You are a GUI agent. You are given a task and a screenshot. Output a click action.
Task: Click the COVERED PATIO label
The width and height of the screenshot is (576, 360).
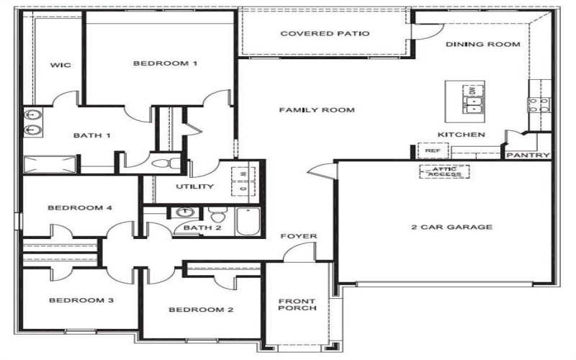(x=325, y=33)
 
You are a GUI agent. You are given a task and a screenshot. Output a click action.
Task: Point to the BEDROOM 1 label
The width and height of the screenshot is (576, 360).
(x=165, y=63)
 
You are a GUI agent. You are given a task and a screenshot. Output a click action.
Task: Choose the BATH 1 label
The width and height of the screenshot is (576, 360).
(x=92, y=135)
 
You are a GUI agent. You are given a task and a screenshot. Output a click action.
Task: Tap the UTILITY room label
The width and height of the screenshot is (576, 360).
(x=194, y=186)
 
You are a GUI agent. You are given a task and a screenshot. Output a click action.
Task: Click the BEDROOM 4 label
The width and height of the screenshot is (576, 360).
(x=80, y=208)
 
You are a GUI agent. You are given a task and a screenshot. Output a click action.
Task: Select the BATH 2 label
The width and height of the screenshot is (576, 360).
(x=197, y=228)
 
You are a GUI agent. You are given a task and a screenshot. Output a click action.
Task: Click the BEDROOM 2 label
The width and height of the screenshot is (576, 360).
(x=191, y=310)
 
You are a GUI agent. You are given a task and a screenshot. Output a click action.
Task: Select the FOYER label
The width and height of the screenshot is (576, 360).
(x=299, y=236)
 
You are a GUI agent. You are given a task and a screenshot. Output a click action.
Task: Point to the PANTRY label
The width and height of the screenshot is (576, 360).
(x=528, y=156)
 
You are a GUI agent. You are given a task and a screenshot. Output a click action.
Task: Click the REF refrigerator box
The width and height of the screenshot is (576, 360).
(x=433, y=151)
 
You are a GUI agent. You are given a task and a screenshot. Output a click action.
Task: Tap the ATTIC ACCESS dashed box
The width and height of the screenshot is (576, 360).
(x=444, y=171)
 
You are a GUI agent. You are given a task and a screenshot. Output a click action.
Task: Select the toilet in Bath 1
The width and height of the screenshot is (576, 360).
(x=169, y=163)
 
